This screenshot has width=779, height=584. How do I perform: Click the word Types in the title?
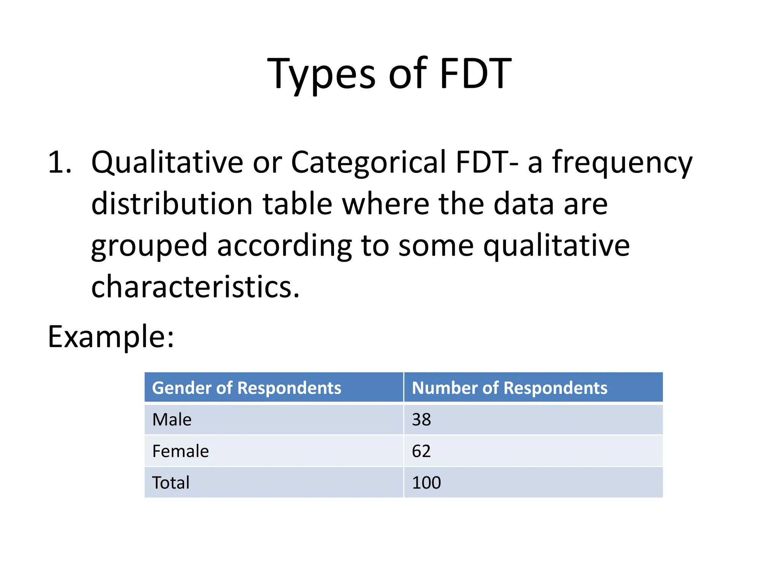pyautogui.click(x=321, y=74)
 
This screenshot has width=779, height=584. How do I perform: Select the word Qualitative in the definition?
pyautogui.click(x=167, y=163)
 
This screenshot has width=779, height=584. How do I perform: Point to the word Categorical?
pyautogui.click(x=368, y=163)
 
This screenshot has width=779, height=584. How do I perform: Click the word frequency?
pyautogui.click(x=622, y=163)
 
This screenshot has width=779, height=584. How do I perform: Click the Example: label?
pyautogui.click(x=111, y=337)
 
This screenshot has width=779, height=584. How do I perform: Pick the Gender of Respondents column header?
pyautogui.click(x=246, y=388)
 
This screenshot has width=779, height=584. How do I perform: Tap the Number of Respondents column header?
pyautogui.click(x=509, y=388)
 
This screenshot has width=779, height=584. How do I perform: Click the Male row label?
pyautogui.click(x=172, y=420)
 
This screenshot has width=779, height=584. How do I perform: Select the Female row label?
pyautogui.click(x=180, y=451)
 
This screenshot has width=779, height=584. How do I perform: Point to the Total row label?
pyautogui.click(x=170, y=483)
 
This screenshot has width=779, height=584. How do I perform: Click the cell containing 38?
pyautogui.click(x=421, y=420)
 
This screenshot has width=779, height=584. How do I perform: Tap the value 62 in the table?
pyautogui.click(x=421, y=451)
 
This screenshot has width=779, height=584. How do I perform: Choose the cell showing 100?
pyautogui.click(x=426, y=483)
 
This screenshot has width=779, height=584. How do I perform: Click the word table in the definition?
pyautogui.click(x=297, y=204)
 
